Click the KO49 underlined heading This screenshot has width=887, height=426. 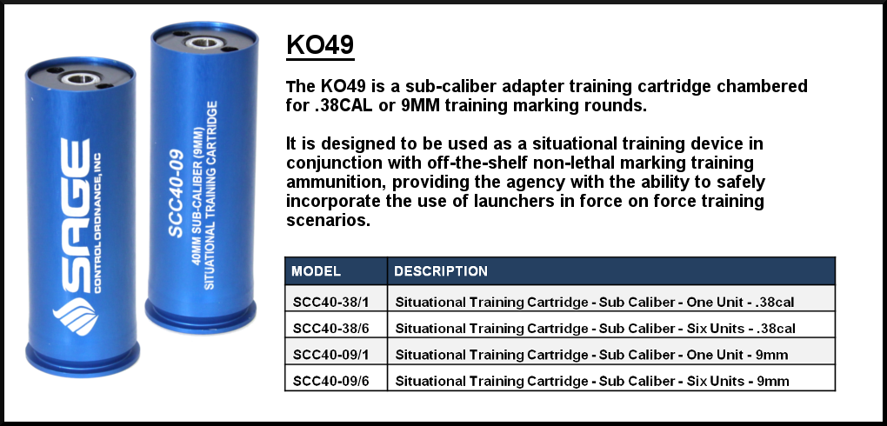tap(320, 45)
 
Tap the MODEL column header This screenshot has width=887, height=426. tap(317, 271)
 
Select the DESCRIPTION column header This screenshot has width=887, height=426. tap(441, 271)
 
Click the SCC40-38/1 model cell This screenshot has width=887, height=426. tap(331, 302)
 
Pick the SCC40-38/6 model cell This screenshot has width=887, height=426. tap(331, 328)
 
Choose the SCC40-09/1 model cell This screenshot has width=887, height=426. tap(331, 355)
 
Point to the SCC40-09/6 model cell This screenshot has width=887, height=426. tap(331, 381)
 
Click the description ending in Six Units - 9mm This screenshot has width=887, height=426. tap(591, 382)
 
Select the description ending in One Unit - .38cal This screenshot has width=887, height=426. tap(595, 302)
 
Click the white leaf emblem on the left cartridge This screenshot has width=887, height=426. tap(76, 316)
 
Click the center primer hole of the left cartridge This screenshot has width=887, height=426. tap(81, 78)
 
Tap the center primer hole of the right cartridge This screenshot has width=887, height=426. tap(204, 43)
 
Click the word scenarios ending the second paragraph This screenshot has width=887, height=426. tap(328, 219)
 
